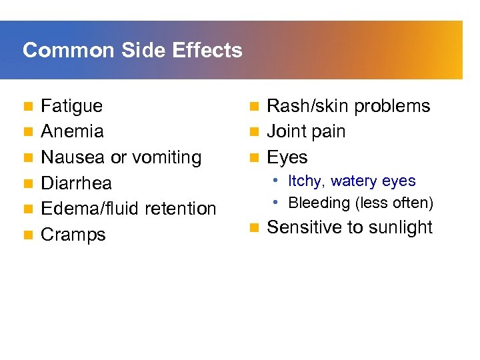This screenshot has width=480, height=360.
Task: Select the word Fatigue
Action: [x=72, y=106]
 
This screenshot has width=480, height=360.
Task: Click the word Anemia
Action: [x=72, y=131]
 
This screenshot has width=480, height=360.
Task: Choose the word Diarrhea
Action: [x=77, y=183]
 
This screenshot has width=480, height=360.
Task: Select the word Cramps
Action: [x=73, y=235]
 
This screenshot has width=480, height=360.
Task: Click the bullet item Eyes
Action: [x=287, y=158]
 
